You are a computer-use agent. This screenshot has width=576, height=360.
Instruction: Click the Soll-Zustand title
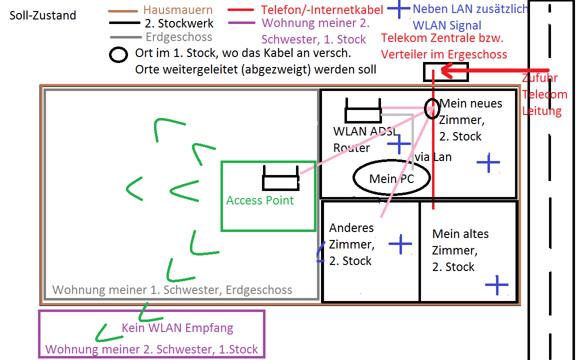pos(42,15)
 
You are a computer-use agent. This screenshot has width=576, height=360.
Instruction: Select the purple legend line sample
pos(241,23)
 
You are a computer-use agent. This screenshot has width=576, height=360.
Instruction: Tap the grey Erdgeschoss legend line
pos(125,37)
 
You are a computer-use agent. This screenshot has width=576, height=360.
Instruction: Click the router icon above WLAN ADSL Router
pos(363,110)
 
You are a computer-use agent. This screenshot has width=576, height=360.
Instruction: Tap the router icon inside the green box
pos(280,178)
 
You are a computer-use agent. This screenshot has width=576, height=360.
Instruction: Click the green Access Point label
pos(260,200)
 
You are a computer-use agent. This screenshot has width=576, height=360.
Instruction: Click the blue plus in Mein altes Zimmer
pos(496,284)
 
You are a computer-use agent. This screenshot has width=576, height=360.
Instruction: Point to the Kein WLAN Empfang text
pos(177,327)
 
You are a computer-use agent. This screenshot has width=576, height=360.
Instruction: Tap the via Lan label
pos(432,157)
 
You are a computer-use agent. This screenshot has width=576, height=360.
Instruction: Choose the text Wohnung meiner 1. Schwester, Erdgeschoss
pos(172,290)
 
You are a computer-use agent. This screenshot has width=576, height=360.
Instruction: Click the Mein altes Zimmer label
pos(460,250)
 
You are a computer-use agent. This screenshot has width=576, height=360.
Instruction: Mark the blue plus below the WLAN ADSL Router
pos(399,144)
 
